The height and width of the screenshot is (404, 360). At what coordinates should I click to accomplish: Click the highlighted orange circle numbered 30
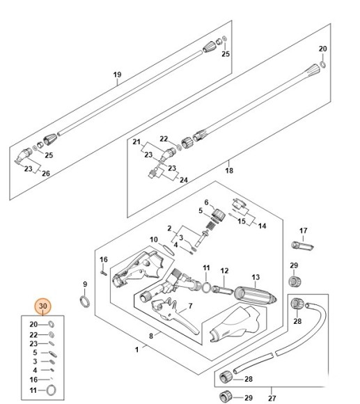click(43, 306)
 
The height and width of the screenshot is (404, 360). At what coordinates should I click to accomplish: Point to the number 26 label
click(46, 173)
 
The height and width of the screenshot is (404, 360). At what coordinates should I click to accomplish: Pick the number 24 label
click(184, 180)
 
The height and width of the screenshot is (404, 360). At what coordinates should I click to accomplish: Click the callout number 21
click(136, 142)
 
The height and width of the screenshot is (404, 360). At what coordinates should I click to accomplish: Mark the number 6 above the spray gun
click(206, 202)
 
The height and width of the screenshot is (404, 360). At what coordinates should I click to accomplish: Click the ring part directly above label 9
click(84, 300)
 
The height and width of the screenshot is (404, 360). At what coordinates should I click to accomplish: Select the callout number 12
click(224, 270)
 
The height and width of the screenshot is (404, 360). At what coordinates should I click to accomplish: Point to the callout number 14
click(262, 226)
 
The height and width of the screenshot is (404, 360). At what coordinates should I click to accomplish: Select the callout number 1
click(136, 348)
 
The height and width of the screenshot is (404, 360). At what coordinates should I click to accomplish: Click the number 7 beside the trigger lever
click(189, 306)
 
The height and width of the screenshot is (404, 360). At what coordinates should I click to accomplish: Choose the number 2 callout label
click(169, 228)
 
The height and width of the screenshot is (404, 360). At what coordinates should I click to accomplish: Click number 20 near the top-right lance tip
click(322, 49)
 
